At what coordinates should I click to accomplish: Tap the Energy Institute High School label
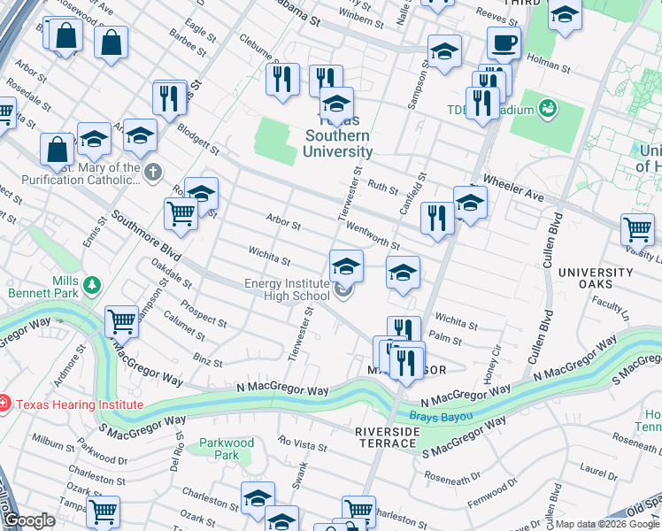tap(287, 289)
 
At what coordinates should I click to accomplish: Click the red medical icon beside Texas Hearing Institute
tap(4, 404)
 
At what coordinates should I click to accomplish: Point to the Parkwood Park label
tap(227, 449)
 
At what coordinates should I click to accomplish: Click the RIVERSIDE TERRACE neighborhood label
tap(387, 438)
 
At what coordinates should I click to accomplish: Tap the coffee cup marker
tap(504, 42)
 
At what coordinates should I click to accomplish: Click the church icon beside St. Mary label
tap(153, 170)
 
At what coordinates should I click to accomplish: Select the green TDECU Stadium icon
tap(549, 109)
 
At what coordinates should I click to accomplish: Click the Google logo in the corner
tap(29, 520)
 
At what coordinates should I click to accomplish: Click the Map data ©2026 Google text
tap(606, 524)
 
